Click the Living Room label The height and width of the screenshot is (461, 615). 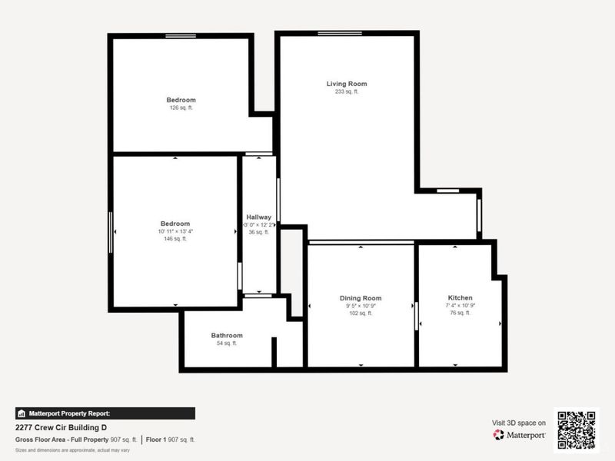(347, 84)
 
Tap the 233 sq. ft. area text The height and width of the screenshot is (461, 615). (347, 91)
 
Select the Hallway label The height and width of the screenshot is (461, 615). (258, 217)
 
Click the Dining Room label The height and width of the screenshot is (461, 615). (361, 298)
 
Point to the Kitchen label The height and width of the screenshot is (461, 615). (460, 298)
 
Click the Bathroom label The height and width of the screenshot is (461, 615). (227, 336)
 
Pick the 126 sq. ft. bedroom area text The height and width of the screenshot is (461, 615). (181, 108)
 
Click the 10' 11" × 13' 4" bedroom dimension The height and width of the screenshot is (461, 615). (175, 231)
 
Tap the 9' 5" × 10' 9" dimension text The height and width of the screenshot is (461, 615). (361, 306)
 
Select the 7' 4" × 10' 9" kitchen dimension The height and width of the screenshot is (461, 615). (460, 306)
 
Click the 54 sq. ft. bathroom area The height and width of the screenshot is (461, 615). (227, 343)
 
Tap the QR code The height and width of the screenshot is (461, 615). (576, 429)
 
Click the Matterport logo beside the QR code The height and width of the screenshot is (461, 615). (520, 435)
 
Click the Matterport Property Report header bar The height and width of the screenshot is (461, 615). (105, 413)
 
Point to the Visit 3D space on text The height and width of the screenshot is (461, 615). (519, 423)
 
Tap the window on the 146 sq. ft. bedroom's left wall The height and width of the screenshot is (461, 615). (111, 230)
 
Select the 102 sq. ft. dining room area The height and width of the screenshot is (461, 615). (361, 313)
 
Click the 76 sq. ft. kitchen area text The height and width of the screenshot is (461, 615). (460, 313)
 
